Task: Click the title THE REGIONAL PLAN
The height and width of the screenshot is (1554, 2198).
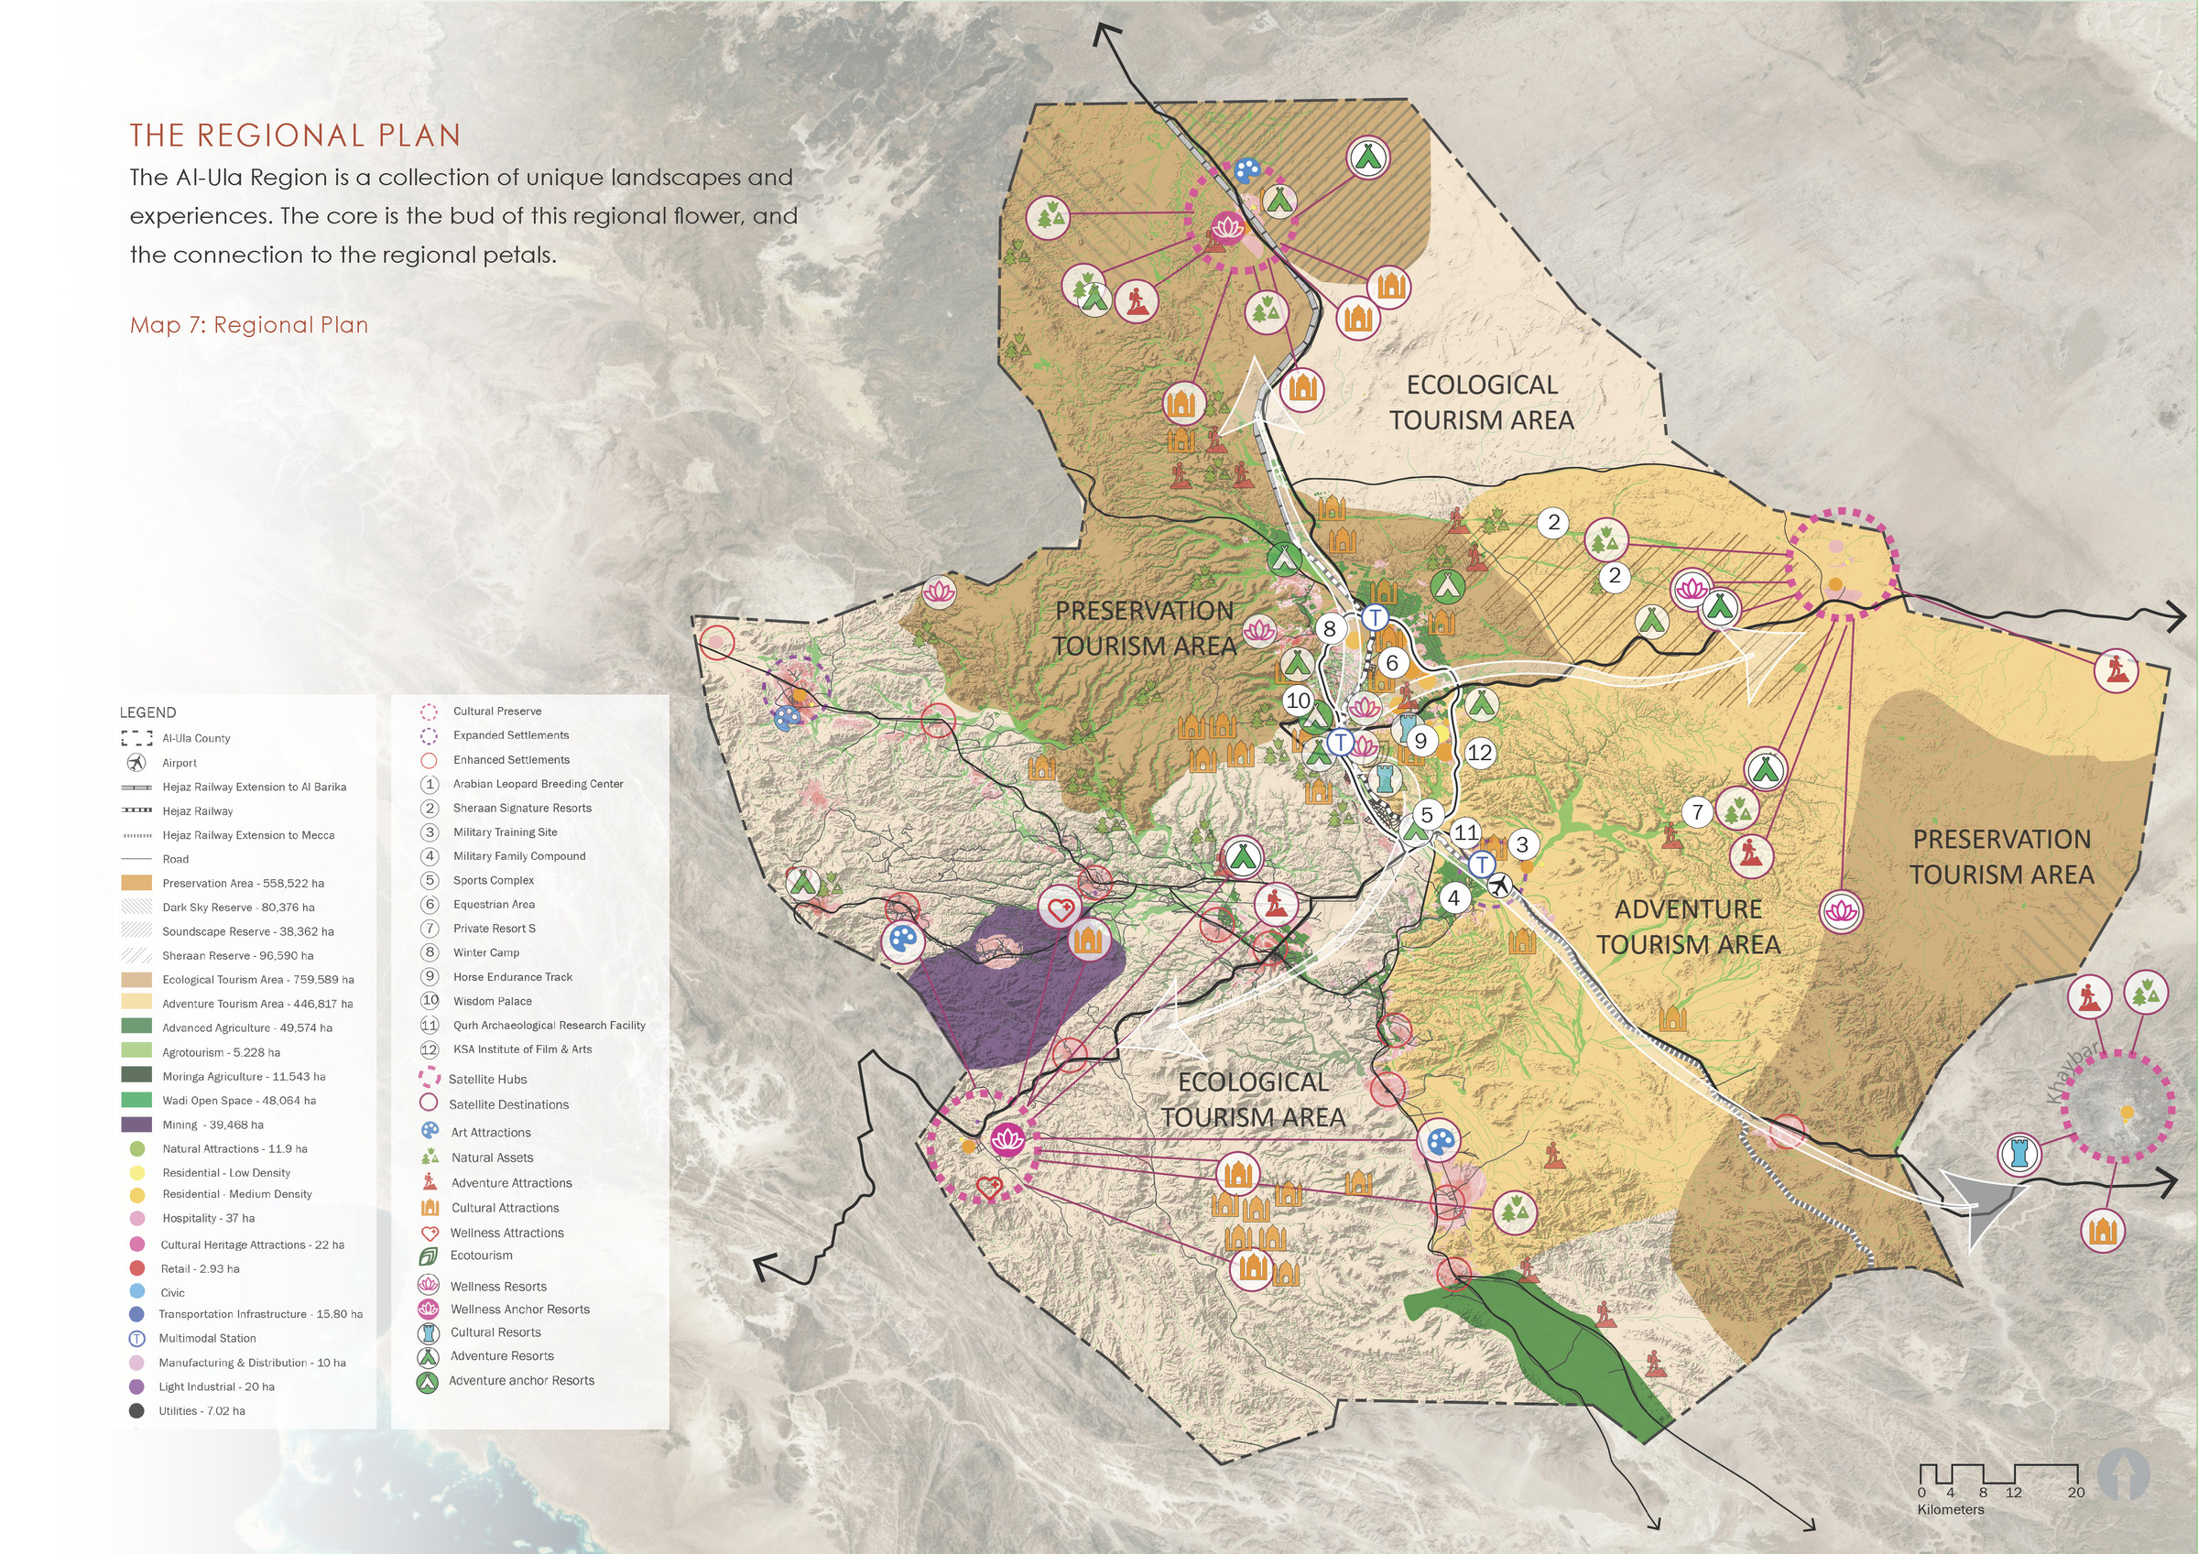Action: (295, 135)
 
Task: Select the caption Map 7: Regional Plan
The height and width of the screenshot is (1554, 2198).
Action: (249, 324)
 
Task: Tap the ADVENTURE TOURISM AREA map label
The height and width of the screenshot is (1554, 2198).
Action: (1688, 926)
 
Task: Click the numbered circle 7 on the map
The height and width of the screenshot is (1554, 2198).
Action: (1697, 812)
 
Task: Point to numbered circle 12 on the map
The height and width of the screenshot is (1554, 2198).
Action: (1479, 752)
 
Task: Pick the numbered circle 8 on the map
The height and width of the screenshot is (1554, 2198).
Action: (1329, 629)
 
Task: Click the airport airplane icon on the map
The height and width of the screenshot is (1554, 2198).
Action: (1499, 886)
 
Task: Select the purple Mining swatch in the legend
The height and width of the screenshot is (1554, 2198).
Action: (136, 1125)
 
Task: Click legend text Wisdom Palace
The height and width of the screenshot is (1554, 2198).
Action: (492, 1001)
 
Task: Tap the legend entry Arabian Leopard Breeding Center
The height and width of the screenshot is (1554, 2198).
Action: (537, 783)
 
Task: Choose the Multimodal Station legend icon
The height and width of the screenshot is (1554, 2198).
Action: (136, 1338)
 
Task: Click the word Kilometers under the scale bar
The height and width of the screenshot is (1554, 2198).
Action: (1950, 1509)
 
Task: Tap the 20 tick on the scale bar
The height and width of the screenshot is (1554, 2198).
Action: (2075, 1492)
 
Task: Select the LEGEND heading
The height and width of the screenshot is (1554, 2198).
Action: (147, 712)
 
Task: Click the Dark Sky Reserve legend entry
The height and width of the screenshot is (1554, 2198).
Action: (237, 907)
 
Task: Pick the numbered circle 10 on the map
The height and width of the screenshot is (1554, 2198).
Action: (1297, 700)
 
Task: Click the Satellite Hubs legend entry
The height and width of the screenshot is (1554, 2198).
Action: (487, 1079)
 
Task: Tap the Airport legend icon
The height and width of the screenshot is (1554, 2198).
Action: (136, 762)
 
